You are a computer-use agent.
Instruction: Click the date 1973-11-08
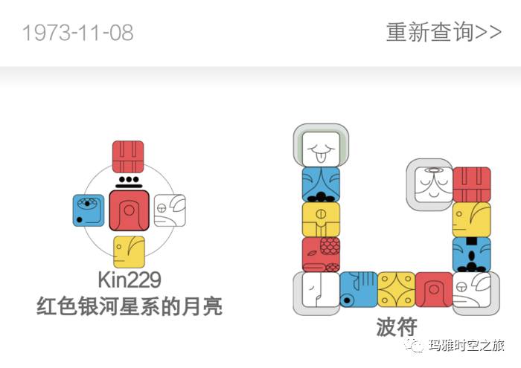[78, 33]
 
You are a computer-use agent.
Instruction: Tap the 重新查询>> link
[443, 33]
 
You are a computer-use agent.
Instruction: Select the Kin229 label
[129, 280]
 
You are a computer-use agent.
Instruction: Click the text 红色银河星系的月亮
[129, 306]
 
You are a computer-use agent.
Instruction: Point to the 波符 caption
[396, 326]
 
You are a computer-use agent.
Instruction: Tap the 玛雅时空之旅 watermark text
[468, 346]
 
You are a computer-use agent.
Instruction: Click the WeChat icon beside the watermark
[415, 346]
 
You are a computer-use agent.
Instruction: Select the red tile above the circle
[128, 157]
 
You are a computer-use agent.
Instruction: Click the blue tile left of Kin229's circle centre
[89, 211]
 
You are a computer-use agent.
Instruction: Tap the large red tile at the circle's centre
[129, 210]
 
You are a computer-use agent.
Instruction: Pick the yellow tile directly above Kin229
[129, 251]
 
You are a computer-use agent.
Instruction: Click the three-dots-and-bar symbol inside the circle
[129, 181]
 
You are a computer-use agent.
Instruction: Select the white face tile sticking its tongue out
[321, 145]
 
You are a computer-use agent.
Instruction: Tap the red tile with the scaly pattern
[321, 254]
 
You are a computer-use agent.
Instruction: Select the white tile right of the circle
[170, 210]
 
